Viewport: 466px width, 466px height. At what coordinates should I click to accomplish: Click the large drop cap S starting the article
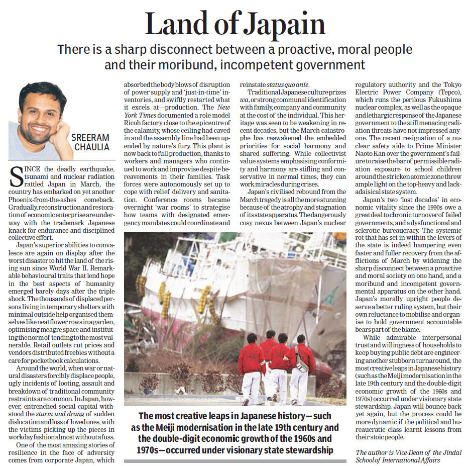(x=16, y=178)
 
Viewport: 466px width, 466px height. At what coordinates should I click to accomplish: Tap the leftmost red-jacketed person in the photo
(x=251, y=363)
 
